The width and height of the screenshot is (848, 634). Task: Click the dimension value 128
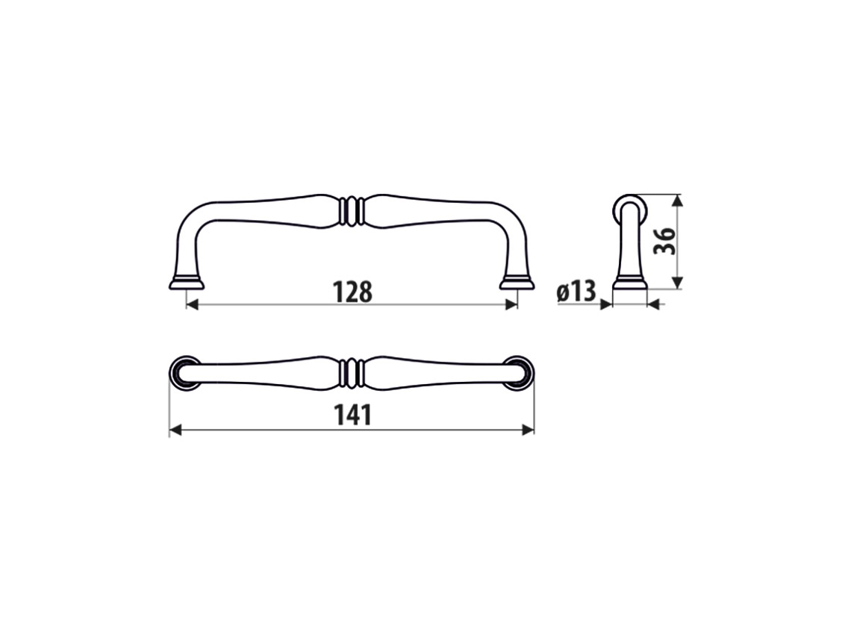[x=352, y=292]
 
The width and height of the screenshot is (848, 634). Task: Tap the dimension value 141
[x=352, y=415]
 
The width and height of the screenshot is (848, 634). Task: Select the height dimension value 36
[x=664, y=240]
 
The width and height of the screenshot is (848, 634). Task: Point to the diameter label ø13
[x=576, y=292]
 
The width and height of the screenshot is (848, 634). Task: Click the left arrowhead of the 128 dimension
[x=192, y=304]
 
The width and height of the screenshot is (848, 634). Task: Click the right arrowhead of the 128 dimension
[x=511, y=304]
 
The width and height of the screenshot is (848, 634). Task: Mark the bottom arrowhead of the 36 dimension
[x=676, y=283]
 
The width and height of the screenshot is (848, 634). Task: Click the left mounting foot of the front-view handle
[x=186, y=283]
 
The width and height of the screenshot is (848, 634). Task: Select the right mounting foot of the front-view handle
[x=517, y=283]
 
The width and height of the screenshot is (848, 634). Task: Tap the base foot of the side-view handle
[x=629, y=284]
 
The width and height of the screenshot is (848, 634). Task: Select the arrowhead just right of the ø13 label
[x=606, y=304]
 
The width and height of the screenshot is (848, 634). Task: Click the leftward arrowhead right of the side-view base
[x=653, y=304]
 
